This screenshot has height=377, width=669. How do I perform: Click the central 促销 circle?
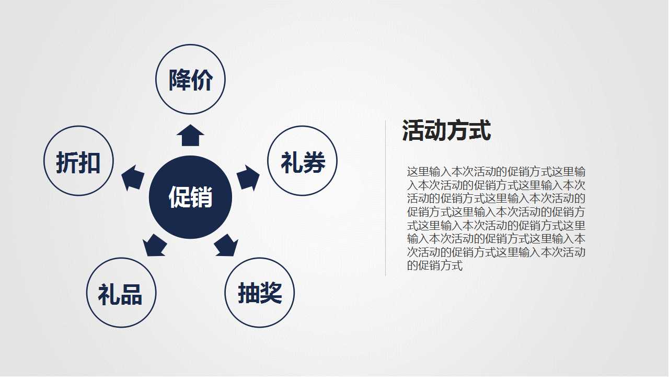pyautogui.click(x=190, y=197)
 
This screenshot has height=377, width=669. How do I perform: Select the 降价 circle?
pyautogui.click(x=190, y=80)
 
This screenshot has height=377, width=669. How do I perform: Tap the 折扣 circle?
pyautogui.click(x=78, y=161)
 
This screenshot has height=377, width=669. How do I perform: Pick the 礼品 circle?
pyautogui.click(x=121, y=293)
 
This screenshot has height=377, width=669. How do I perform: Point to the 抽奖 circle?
pyautogui.click(x=260, y=293)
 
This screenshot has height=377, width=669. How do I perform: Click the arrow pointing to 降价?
pyautogui.click(x=190, y=136)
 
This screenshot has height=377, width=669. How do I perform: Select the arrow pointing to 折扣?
pyautogui.click(x=133, y=178)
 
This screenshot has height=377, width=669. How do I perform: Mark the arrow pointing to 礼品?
pyautogui.click(x=155, y=245)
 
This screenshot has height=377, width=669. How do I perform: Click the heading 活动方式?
pyautogui.click(x=446, y=130)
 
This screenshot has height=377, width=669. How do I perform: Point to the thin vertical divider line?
pyautogui.click(x=386, y=198)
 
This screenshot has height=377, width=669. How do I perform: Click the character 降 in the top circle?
pyautogui.click(x=179, y=80)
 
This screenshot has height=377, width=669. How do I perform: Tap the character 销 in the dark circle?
pyautogui.click(x=202, y=198)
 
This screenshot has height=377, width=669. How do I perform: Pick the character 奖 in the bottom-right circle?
pyautogui.click(x=271, y=293)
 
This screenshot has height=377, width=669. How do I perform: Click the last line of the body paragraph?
pyautogui.click(x=435, y=266)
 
